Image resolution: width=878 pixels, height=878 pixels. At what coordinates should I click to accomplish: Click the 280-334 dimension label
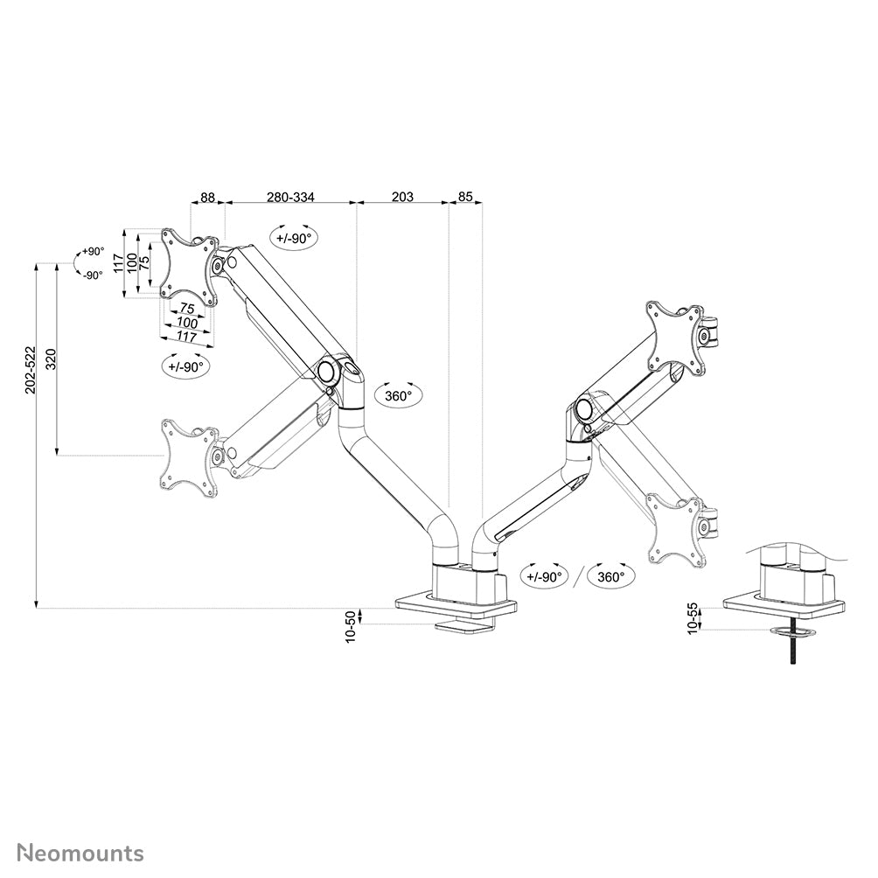tap(290, 197)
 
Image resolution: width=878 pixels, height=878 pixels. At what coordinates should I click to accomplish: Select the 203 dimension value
tap(402, 197)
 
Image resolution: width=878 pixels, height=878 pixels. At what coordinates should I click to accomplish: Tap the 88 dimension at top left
tap(208, 197)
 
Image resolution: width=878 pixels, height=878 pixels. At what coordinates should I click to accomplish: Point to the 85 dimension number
tap(465, 197)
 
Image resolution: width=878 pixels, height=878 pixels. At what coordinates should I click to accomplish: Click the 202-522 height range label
tap(31, 370)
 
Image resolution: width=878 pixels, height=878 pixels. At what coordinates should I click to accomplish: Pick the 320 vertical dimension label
tap(51, 359)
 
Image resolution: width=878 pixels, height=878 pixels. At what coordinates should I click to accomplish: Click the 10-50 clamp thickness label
tap(351, 627)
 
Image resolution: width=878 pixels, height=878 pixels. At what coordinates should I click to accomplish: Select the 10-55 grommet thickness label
tap(693, 618)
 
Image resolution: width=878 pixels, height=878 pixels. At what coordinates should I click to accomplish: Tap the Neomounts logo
tap(80, 854)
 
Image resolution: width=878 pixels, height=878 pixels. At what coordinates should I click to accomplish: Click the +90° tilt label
tap(93, 251)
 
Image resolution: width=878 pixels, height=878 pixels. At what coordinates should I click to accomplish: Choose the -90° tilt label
tap(93, 275)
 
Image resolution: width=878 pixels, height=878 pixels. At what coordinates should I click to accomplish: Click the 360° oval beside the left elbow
tap(398, 395)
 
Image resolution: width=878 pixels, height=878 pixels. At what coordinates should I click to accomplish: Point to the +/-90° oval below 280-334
tap(294, 238)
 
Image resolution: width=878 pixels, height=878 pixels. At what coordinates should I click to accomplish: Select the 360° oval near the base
tap(611, 577)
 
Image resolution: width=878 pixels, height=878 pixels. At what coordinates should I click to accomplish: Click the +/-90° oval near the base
tap(544, 577)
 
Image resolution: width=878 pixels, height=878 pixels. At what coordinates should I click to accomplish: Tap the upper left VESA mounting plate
tap(190, 267)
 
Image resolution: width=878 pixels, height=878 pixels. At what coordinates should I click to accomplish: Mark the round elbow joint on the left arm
tap(325, 371)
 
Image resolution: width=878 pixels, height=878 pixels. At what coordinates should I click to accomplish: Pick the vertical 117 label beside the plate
tap(117, 263)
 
